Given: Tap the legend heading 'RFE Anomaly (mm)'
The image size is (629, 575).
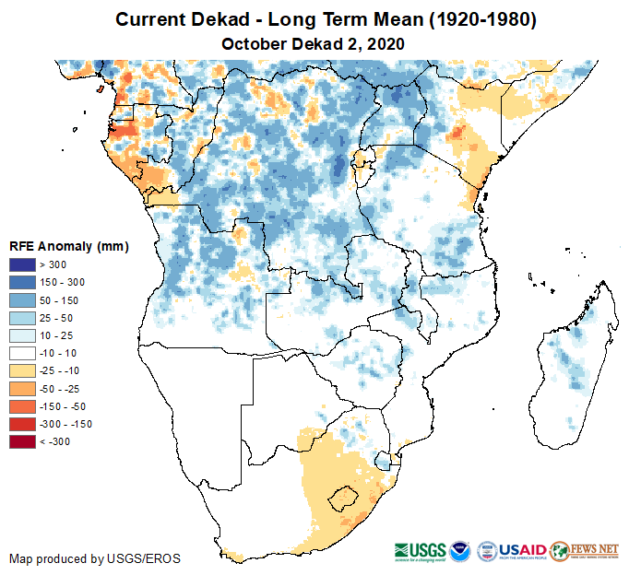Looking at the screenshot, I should (68, 246).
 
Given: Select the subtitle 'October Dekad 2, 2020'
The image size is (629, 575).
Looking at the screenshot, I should (314, 44).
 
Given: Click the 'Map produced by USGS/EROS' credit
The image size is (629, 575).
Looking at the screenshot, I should (95, 558).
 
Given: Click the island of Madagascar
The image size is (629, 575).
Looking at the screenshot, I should (572, 359).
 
